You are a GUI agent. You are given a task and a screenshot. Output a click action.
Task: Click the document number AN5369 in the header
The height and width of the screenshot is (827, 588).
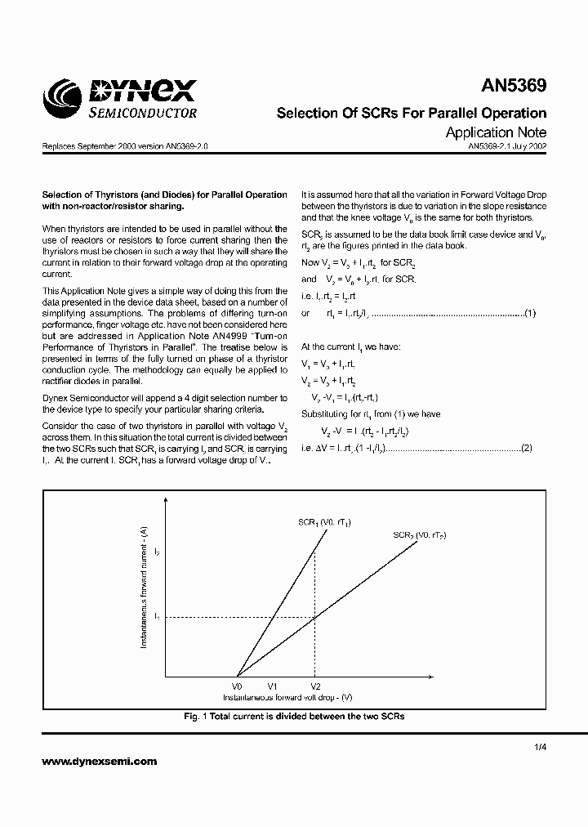tap(513, 86)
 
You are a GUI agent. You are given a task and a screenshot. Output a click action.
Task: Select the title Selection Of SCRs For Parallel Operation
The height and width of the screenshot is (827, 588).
tap(412, 113)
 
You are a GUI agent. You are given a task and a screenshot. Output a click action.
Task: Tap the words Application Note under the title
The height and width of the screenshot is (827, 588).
tap(496, 132)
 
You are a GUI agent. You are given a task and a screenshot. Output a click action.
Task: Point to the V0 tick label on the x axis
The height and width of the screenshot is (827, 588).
tap(237, 686)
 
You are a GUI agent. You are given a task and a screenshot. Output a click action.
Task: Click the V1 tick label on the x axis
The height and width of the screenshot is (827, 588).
tap(274, 686)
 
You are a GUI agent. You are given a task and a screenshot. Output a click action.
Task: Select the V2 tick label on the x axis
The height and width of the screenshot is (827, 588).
tap(315, 686)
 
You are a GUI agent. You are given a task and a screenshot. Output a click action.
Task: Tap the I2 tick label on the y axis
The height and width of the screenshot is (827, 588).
tap(157, 553)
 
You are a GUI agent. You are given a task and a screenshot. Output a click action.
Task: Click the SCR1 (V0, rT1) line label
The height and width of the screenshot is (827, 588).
tap(323, 521)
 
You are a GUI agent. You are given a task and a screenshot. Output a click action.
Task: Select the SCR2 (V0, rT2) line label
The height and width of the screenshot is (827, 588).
tap(419, 534)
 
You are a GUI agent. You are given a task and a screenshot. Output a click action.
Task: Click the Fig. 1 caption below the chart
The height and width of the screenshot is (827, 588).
tap(294, 716)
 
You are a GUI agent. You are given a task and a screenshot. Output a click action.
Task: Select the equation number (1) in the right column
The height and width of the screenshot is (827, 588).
tap(529, 313)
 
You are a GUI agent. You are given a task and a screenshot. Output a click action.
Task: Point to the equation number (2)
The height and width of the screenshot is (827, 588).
tap(527, 447)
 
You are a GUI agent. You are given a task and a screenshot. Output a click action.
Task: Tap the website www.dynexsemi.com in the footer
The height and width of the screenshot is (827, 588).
tap(99, 761)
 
